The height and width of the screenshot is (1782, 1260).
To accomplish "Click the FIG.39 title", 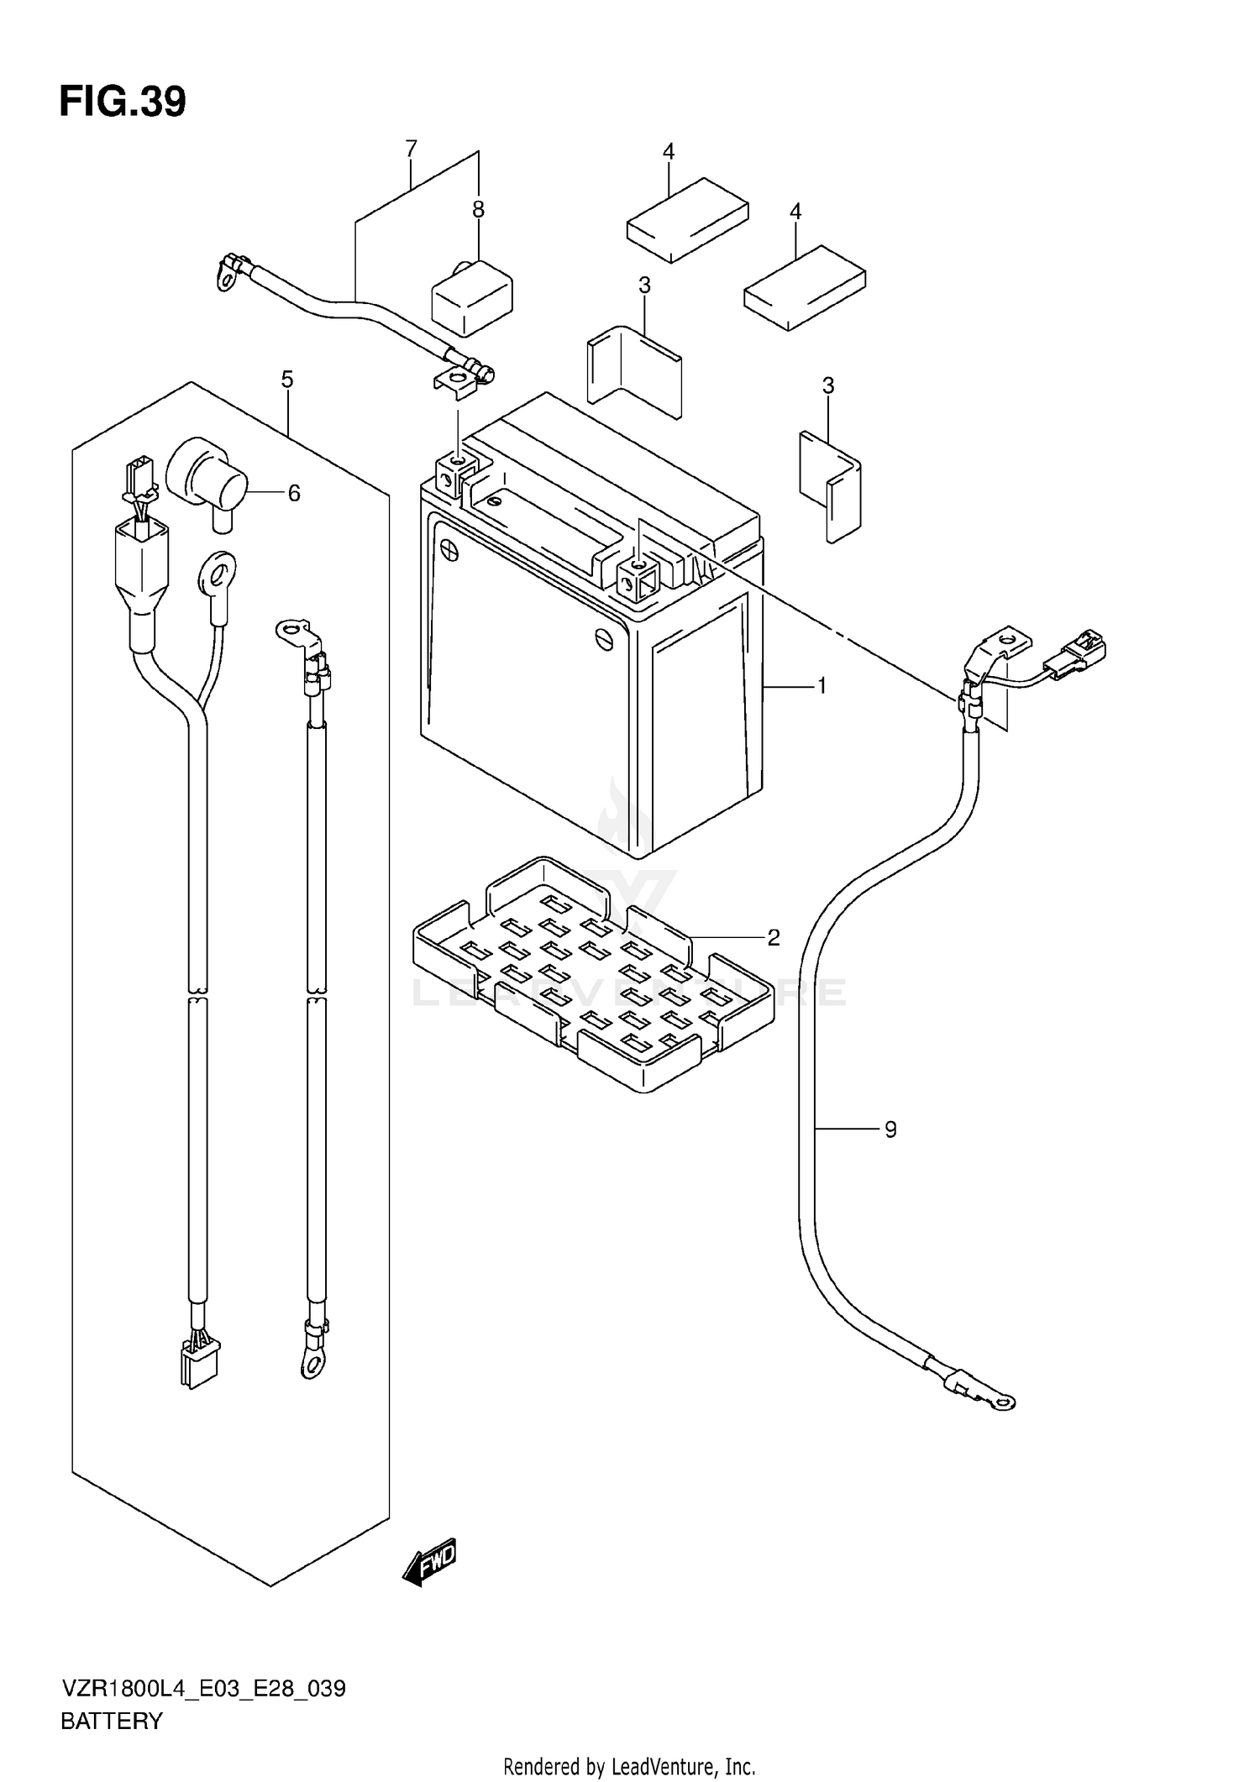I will point(123,102).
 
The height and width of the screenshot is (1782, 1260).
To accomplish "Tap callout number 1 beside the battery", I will point(822,686).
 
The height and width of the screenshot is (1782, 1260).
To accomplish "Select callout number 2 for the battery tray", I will point(774,937).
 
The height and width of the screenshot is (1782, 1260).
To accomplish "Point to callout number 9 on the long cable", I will point(890,1129).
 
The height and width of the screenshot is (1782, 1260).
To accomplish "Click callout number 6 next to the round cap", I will point(294,493).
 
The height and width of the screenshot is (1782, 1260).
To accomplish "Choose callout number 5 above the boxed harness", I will point(287,380).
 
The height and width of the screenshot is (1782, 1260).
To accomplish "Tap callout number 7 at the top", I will point(411,149).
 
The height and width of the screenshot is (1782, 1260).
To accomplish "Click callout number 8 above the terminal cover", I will point(478,210).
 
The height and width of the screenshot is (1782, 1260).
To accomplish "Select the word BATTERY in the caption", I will point(112,1722).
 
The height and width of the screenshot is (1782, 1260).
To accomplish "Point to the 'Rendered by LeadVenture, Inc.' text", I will point(629,1766).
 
